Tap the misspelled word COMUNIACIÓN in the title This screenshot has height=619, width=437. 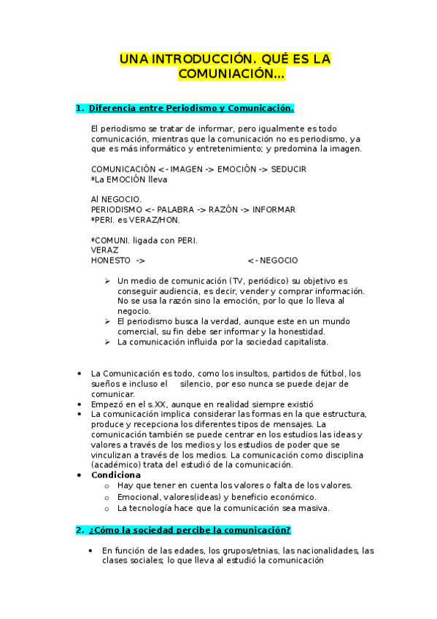[x=231, y=74]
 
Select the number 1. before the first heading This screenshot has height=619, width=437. [x=80, y=109]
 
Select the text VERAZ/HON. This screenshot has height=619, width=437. [x=154, y=220]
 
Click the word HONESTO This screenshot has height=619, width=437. [x=111, y=261]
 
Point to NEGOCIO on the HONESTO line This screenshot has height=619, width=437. [x=279, y=261]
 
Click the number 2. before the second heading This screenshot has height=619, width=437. [x=80, y=529]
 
